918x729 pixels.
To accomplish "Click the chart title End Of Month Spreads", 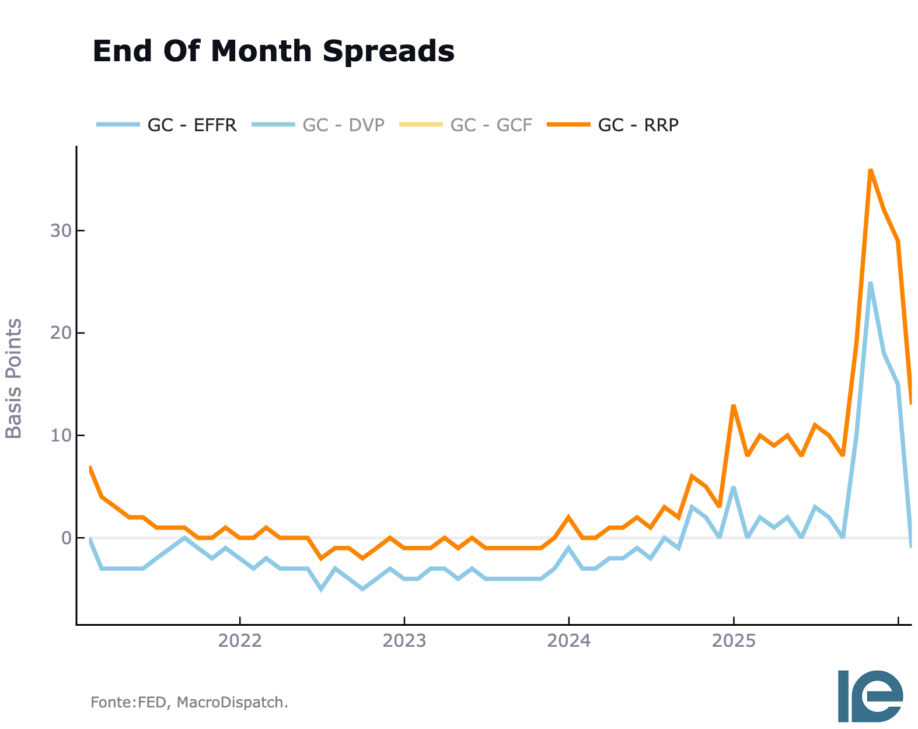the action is coord(274,51).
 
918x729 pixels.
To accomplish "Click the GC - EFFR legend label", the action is coord(192,125).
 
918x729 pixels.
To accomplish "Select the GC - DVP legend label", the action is coord(343,125).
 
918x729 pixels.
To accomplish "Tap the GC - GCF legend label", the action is coord(491,125).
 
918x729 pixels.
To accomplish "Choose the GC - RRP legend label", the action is coord(638,125).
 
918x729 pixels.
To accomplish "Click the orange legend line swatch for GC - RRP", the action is coord(568,124).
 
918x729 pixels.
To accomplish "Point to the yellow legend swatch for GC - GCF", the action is coord(421,124).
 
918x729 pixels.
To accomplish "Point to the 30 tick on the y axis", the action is coord(61,230).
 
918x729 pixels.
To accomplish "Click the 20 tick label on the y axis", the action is coord(61,333).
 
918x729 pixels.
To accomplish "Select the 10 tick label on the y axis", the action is coord(61,435).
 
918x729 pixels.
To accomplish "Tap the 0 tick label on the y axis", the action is coord(67,538).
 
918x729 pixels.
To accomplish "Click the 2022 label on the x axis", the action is coord(240,641).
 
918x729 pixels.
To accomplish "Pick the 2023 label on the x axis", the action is coord(404,641).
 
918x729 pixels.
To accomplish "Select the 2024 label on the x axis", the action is coord(568,641).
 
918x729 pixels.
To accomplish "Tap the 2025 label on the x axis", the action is coord(734,641).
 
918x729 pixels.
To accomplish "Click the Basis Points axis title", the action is coord(13,378).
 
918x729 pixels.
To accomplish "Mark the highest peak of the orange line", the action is coord(871,170).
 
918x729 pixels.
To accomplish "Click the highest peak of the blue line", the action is coord(871,283).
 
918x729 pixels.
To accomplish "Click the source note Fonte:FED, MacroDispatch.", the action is coord(190,702).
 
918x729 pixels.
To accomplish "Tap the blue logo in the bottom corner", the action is coord(871,696).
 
